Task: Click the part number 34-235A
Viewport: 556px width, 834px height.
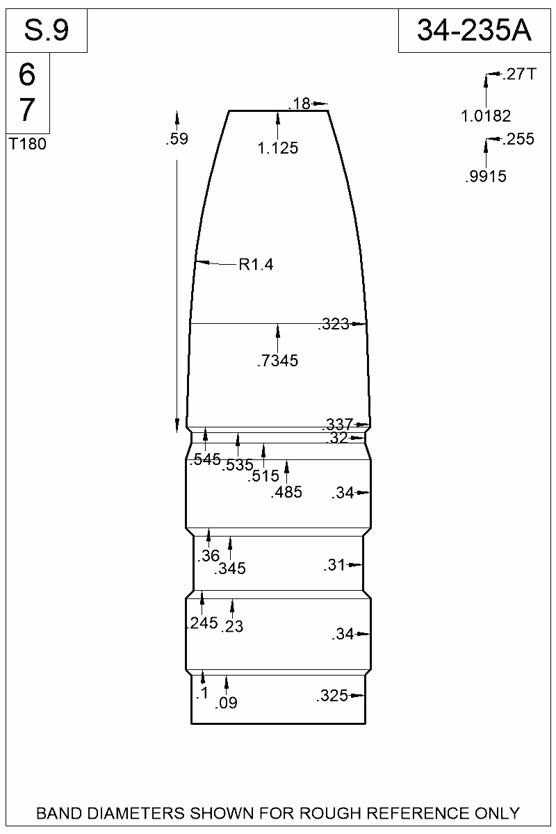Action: [x=474, y=31]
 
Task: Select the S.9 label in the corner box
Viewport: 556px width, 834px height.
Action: [x=47, y=31]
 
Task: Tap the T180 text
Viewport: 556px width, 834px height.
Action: [x=28, y=144]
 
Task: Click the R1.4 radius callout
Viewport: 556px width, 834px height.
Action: [x=256, y=265]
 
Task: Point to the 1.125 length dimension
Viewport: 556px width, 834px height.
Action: [x=278, y=148]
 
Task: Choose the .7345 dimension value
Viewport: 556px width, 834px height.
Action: [x=278, y=361]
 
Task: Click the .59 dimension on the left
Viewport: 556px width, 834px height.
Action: [x=177, y=139]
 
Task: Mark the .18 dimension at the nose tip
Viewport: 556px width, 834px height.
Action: [x=299, y=104]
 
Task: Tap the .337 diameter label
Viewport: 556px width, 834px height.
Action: [x=337, y=424]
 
